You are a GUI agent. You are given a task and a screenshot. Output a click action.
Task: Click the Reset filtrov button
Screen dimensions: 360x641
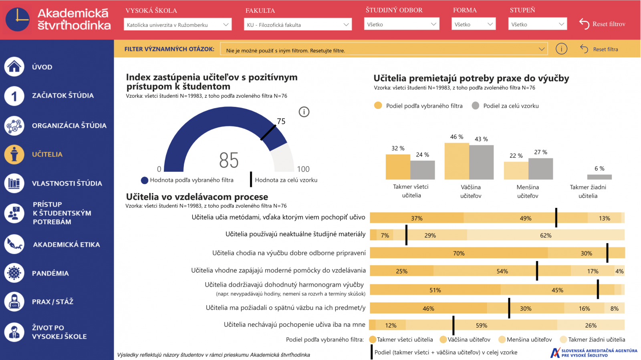(602, 24)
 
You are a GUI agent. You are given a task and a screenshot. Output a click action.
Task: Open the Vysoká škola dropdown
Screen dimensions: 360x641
(177, 24)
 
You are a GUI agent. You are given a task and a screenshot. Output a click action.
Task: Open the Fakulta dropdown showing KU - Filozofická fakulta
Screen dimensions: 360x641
(298, 24)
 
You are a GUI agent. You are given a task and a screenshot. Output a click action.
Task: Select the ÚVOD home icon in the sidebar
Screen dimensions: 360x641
(14, 66)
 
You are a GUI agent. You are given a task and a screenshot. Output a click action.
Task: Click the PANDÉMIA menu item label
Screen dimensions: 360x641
(50, 273)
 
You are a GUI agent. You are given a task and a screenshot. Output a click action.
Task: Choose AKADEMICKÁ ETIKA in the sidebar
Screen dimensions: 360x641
(67, 244)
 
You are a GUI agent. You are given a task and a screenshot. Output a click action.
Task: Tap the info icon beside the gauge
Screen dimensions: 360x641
(304, 112)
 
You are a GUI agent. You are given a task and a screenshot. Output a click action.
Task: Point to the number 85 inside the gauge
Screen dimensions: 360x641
(229, 160)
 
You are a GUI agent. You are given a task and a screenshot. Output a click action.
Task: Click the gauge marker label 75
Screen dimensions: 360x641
(281, 121)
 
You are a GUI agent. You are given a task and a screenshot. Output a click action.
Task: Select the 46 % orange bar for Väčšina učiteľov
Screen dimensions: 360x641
(457, 161)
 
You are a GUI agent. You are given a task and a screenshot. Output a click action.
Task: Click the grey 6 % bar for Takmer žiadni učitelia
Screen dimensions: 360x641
(599, 177)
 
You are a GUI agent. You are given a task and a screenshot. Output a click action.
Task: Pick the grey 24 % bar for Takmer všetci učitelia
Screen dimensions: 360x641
(423, 170)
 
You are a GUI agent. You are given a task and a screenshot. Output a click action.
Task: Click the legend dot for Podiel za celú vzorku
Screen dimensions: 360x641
(476, 106)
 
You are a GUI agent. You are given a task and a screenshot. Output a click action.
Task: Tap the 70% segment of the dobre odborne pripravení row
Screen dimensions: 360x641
(459, 253)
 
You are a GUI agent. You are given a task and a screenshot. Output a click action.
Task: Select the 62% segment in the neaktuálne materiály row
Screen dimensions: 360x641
(546, 235)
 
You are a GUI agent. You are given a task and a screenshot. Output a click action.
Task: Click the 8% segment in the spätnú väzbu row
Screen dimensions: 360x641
(615, 308)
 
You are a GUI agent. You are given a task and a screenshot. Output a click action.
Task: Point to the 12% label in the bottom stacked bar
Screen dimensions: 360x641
(391, 325)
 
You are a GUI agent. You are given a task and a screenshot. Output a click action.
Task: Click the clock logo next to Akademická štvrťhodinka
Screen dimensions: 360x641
(18, 19)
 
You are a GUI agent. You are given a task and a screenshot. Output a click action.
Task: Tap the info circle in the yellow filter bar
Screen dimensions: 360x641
(561, 49)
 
